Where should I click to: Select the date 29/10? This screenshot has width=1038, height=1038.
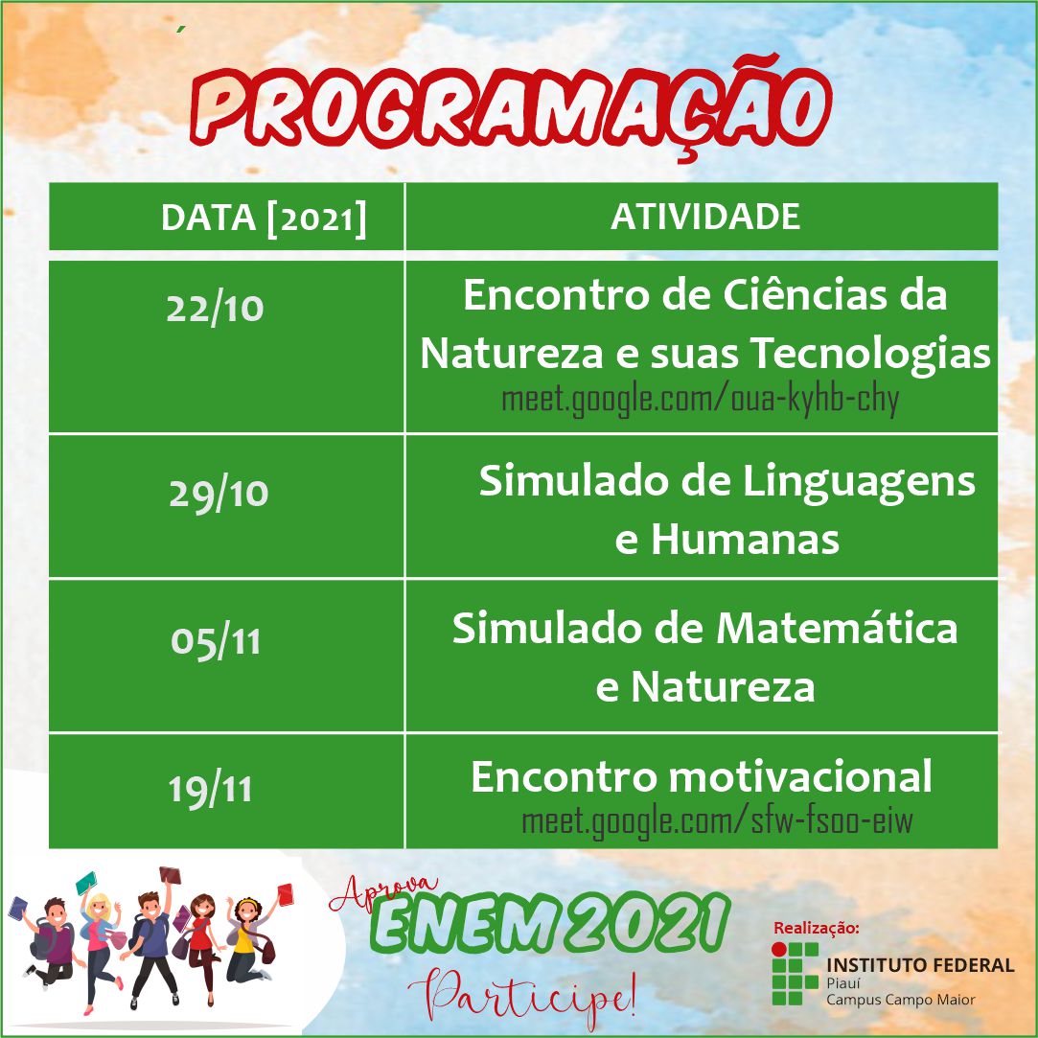point(219,494)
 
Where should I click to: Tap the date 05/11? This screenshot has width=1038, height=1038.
point(216,641)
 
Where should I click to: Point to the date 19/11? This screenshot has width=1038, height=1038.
point(211,789)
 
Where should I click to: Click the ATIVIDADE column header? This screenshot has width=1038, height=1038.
point(705,218)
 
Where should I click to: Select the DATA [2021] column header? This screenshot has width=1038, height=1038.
point(264,218)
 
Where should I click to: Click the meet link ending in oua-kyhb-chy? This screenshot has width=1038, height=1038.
point(701,401)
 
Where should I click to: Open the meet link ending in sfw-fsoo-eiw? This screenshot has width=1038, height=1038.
point(718,821)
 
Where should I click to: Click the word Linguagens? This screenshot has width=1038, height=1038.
point(860,483)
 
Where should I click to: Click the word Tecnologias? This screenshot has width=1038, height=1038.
point(870,355)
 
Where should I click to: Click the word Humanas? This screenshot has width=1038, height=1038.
point(745,540)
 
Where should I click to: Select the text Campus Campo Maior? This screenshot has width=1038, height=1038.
point(900,1000)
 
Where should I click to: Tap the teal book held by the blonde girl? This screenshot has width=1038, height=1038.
point(86,883)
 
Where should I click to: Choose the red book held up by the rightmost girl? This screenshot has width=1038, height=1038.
point(285,894)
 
